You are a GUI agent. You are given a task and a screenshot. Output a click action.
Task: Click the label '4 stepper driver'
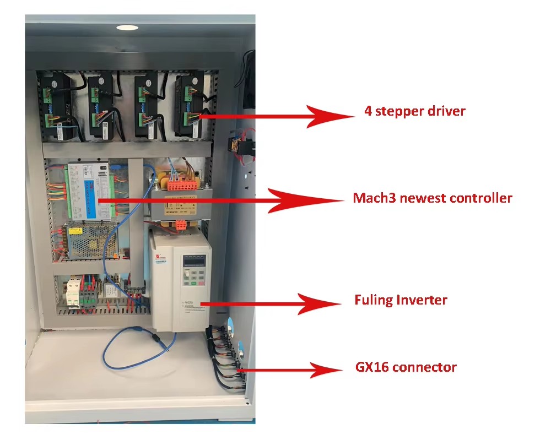tap(414, 111)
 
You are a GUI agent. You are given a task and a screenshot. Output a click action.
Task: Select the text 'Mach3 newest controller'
tap(432, 198)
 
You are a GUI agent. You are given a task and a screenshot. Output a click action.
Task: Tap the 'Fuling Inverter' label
tap(401, 300)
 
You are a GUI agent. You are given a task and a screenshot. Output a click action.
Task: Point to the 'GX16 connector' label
tap(406, 367)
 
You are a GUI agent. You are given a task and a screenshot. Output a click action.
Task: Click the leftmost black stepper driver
tap(57, 106)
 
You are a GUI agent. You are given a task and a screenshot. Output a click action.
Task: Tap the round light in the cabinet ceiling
tap(127, 28)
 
